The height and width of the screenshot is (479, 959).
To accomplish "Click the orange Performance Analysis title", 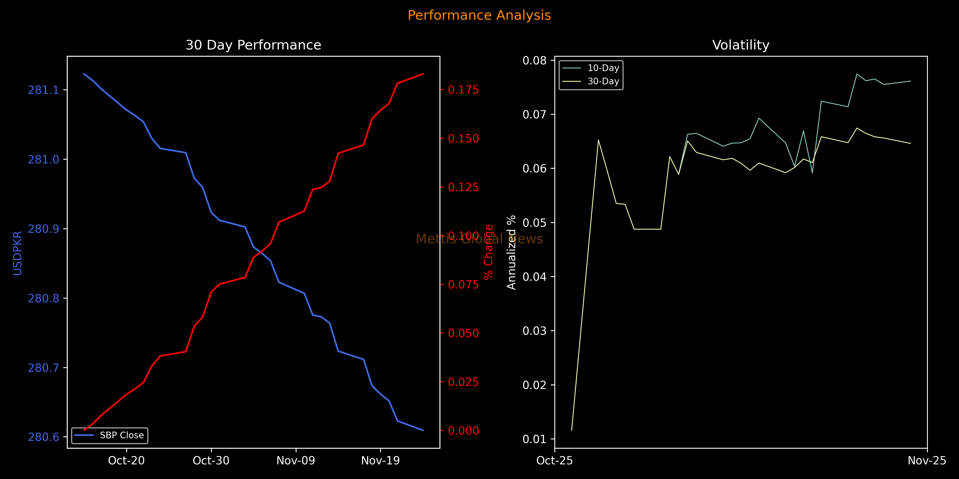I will [x=479, y=15].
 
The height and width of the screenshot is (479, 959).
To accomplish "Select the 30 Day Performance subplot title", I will [x=253, y=45].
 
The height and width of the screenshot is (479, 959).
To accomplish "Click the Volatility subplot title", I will [x=741, y=45].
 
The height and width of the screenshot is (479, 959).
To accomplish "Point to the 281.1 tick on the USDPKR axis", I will [x=44, y=90].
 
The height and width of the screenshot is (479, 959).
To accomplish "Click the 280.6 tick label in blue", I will [x=44, y=437].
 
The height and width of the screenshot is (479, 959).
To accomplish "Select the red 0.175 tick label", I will [x=463, y=90].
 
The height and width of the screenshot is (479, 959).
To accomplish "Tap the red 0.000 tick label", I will [x=463, y=431].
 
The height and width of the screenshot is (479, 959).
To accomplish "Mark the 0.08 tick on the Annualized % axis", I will [x=535, y=61].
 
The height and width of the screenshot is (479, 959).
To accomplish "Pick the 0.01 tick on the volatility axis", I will [x=535, y=439].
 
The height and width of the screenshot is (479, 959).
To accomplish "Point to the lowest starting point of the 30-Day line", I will [x=571, y=430].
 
